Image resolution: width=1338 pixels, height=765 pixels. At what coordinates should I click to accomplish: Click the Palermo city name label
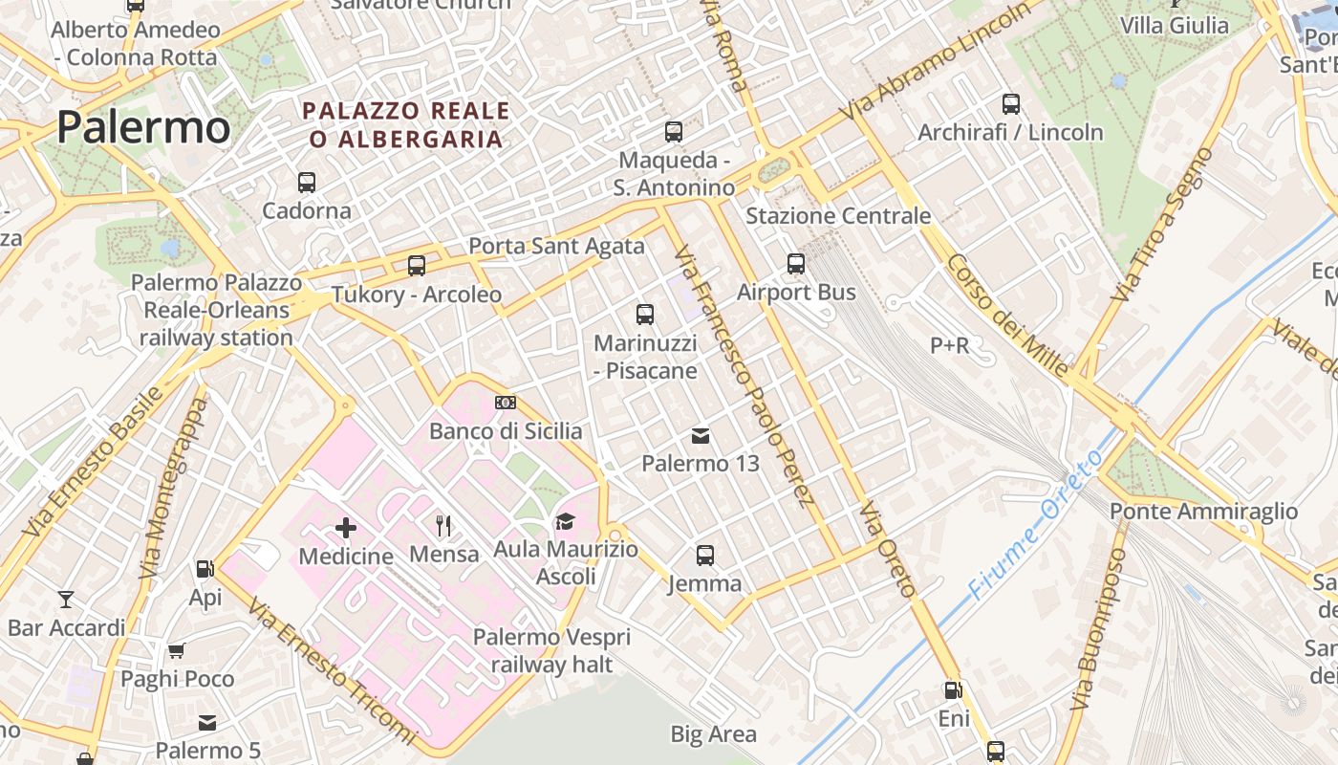143,127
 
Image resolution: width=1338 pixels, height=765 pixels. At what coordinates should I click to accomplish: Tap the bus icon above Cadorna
307,182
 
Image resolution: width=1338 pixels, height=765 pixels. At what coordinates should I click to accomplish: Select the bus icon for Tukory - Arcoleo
417,266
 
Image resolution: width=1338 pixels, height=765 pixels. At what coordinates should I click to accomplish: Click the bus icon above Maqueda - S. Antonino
674,132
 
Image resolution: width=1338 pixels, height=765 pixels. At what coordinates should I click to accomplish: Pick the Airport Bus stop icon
796,264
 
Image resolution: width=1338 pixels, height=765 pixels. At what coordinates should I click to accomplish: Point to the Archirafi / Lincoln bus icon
1011,104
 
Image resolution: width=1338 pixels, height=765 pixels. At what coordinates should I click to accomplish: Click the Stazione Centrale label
837,215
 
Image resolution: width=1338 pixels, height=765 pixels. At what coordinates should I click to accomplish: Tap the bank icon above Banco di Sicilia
506,403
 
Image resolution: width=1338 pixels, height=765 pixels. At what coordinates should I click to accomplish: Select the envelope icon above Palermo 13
701,436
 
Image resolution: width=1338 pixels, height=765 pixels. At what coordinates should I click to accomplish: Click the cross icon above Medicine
346,527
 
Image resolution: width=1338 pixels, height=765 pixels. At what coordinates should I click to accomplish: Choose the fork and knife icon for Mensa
443,525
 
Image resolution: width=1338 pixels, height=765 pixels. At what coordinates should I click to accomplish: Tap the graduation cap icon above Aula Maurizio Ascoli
566,521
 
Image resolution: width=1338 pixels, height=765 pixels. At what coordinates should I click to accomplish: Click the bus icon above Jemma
705,556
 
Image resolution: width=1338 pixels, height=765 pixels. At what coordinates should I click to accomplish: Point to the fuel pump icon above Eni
953,690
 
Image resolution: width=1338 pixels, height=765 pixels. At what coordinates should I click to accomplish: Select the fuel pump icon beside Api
205,569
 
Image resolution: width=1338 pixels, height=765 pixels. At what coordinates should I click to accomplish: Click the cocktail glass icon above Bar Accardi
66,600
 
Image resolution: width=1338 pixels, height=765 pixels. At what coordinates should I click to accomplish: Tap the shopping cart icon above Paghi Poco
177,651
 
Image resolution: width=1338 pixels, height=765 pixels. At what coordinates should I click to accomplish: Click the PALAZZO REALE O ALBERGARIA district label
406,125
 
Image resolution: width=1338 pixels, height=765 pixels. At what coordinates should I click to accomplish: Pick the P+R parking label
949,345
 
